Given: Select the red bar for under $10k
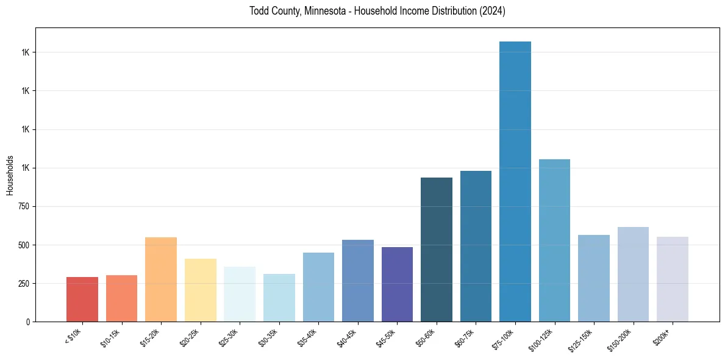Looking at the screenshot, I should [x=82, y=299].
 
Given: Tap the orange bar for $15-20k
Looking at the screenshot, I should [x=161, y=279].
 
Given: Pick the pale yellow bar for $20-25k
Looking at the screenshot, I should [x=201, y=290].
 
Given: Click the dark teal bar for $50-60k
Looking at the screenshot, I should [x=437, y=250].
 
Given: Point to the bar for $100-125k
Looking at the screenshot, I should [x=554, y=240].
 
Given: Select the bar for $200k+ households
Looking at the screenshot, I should [x=673, y=279].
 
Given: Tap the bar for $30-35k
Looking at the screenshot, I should [x=279, y=298].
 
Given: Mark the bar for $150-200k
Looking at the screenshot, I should [x=633, y=274].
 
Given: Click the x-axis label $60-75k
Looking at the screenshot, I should [x=465, y=337].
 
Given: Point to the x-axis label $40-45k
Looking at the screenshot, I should [x=346, y=337].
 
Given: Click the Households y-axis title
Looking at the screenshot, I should [x=10, y=175].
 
